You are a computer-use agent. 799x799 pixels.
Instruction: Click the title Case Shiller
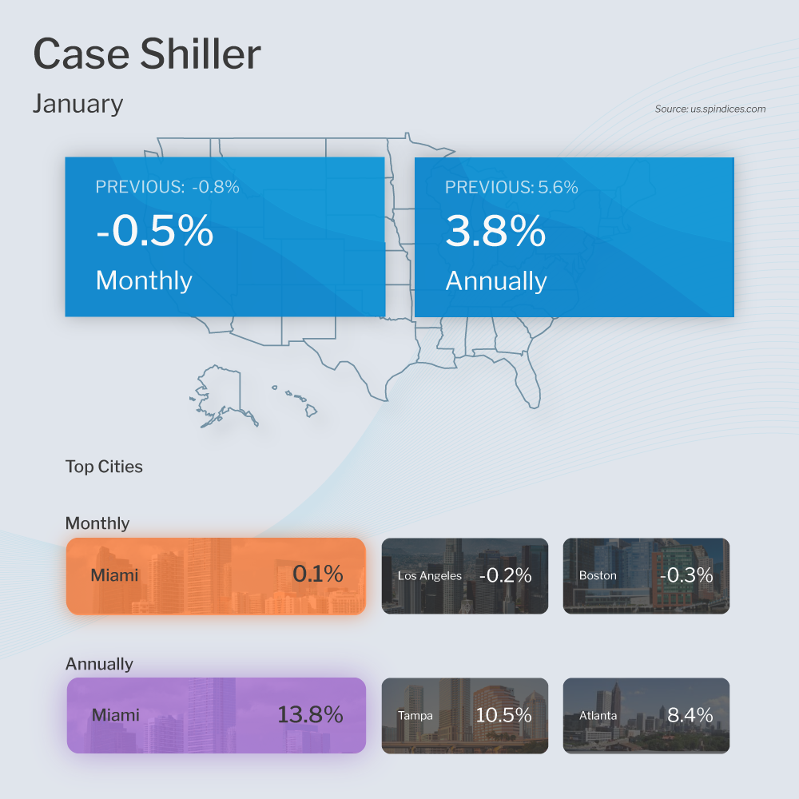146,55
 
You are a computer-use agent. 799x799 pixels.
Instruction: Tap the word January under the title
78,104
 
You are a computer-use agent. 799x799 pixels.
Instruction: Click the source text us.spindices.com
710,109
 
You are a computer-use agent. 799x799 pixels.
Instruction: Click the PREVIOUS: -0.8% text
167,188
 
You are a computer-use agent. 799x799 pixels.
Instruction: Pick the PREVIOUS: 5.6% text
511,188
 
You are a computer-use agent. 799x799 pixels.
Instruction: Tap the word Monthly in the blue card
144,280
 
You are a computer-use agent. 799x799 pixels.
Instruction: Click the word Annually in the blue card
495,280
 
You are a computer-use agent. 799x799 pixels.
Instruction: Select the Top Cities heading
104,467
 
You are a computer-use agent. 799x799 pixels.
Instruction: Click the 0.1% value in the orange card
317,574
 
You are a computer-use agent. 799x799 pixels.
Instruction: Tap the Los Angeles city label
430,575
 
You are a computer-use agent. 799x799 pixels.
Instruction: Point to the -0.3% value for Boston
686,575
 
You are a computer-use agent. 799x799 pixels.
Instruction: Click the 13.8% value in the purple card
310,714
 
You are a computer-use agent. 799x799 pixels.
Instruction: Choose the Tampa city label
415,715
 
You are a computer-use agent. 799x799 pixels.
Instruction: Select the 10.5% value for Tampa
503,715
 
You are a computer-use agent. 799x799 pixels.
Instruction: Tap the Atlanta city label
598,715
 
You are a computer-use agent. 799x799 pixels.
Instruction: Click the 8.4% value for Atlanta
690,715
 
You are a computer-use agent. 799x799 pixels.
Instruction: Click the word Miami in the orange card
114,575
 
